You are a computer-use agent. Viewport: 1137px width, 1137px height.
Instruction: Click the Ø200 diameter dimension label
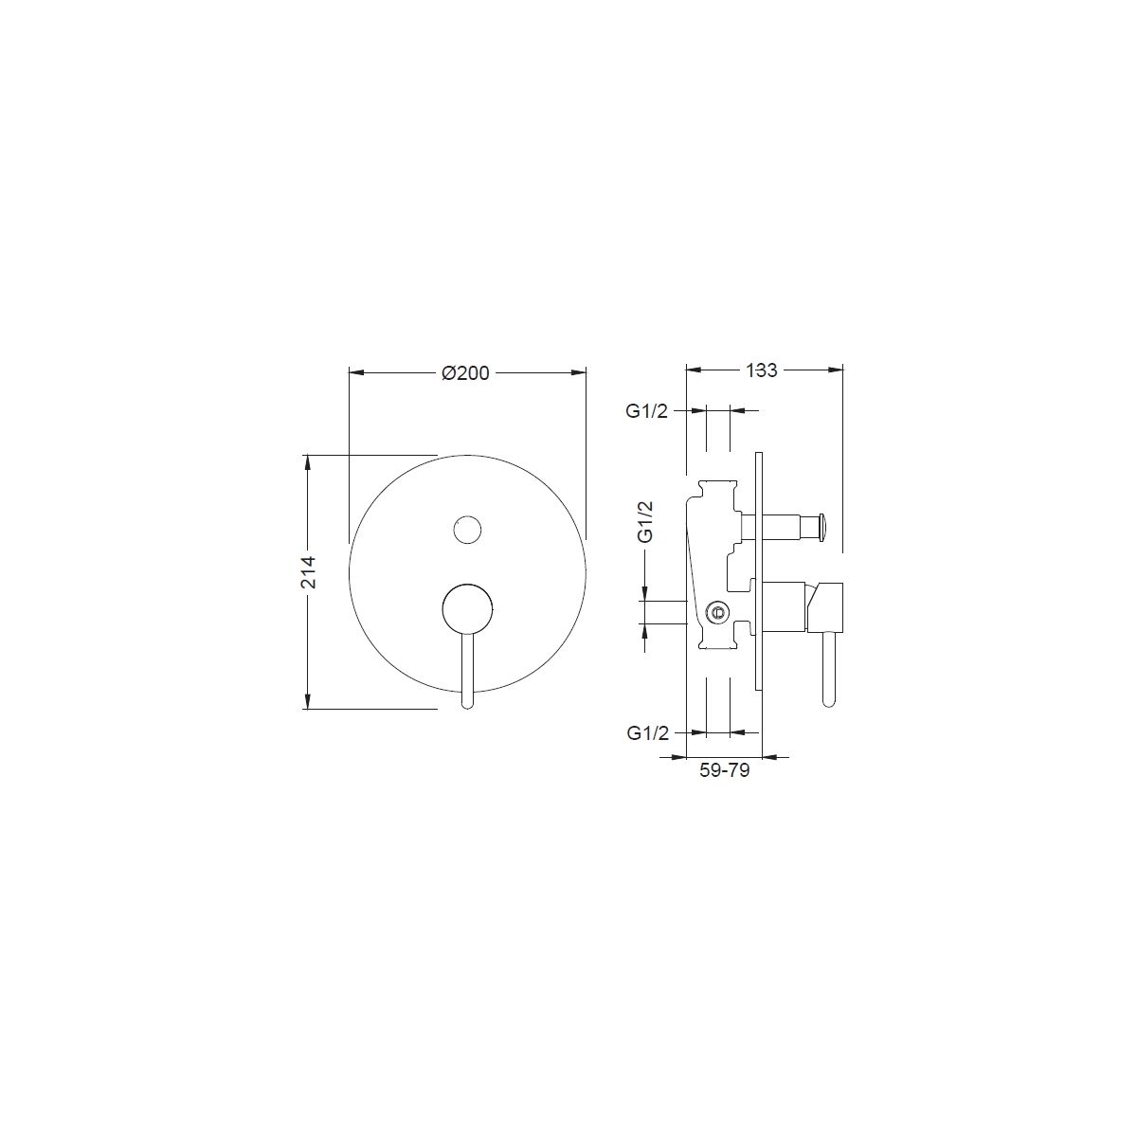pos(465,373)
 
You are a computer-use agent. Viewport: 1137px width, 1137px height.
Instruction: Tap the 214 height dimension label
pos(309,571)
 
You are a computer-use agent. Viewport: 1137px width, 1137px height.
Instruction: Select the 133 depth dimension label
pos(762,370)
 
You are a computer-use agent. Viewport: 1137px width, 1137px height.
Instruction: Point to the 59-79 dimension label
pos(725,770)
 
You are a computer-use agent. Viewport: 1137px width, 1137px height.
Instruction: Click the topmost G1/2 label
pos(647,411)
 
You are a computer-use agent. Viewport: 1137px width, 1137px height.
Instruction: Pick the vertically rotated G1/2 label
pos(645,521)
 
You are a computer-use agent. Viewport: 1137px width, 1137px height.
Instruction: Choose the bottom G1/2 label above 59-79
pos(648,733)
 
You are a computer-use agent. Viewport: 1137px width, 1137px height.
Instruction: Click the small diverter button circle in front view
pos(467,530)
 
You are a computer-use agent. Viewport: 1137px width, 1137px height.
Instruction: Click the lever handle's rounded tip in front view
pos(467,703)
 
